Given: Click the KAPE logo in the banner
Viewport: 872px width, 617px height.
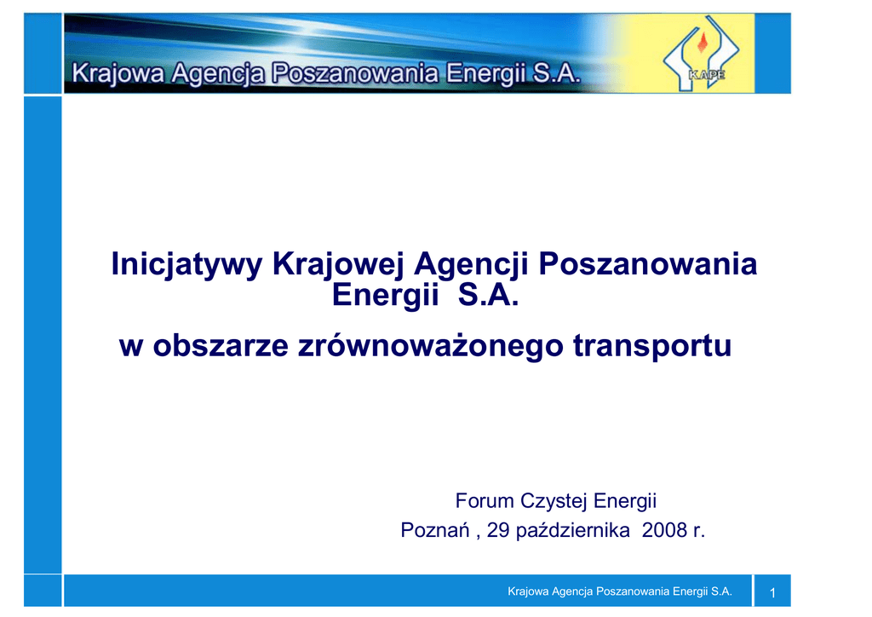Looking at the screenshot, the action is click(701, 54).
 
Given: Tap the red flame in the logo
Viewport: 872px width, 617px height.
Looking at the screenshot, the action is click(703, 43).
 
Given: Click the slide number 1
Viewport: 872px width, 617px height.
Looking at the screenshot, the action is click(772, 593).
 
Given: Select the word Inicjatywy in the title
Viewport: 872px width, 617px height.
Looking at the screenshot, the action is click(186, 264).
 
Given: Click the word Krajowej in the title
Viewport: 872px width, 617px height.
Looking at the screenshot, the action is click(337, 264).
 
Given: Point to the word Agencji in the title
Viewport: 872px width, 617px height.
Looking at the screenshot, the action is click(470, 264).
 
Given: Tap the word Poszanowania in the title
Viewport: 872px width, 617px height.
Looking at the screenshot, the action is click(648, 263).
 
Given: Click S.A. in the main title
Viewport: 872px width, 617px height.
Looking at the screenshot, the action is click(488, 295).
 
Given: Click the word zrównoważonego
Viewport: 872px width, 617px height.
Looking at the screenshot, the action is click(430, 346).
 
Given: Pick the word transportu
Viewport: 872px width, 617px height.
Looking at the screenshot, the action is click(651, 346).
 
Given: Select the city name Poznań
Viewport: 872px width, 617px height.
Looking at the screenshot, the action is click(435, 530).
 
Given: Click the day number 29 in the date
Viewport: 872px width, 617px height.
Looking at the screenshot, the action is click(498, 530).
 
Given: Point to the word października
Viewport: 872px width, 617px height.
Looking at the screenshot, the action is click(573, 530).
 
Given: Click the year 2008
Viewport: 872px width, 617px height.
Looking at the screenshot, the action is click(664, 530).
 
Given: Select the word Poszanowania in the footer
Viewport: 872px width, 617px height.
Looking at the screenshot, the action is click(633, 591).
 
